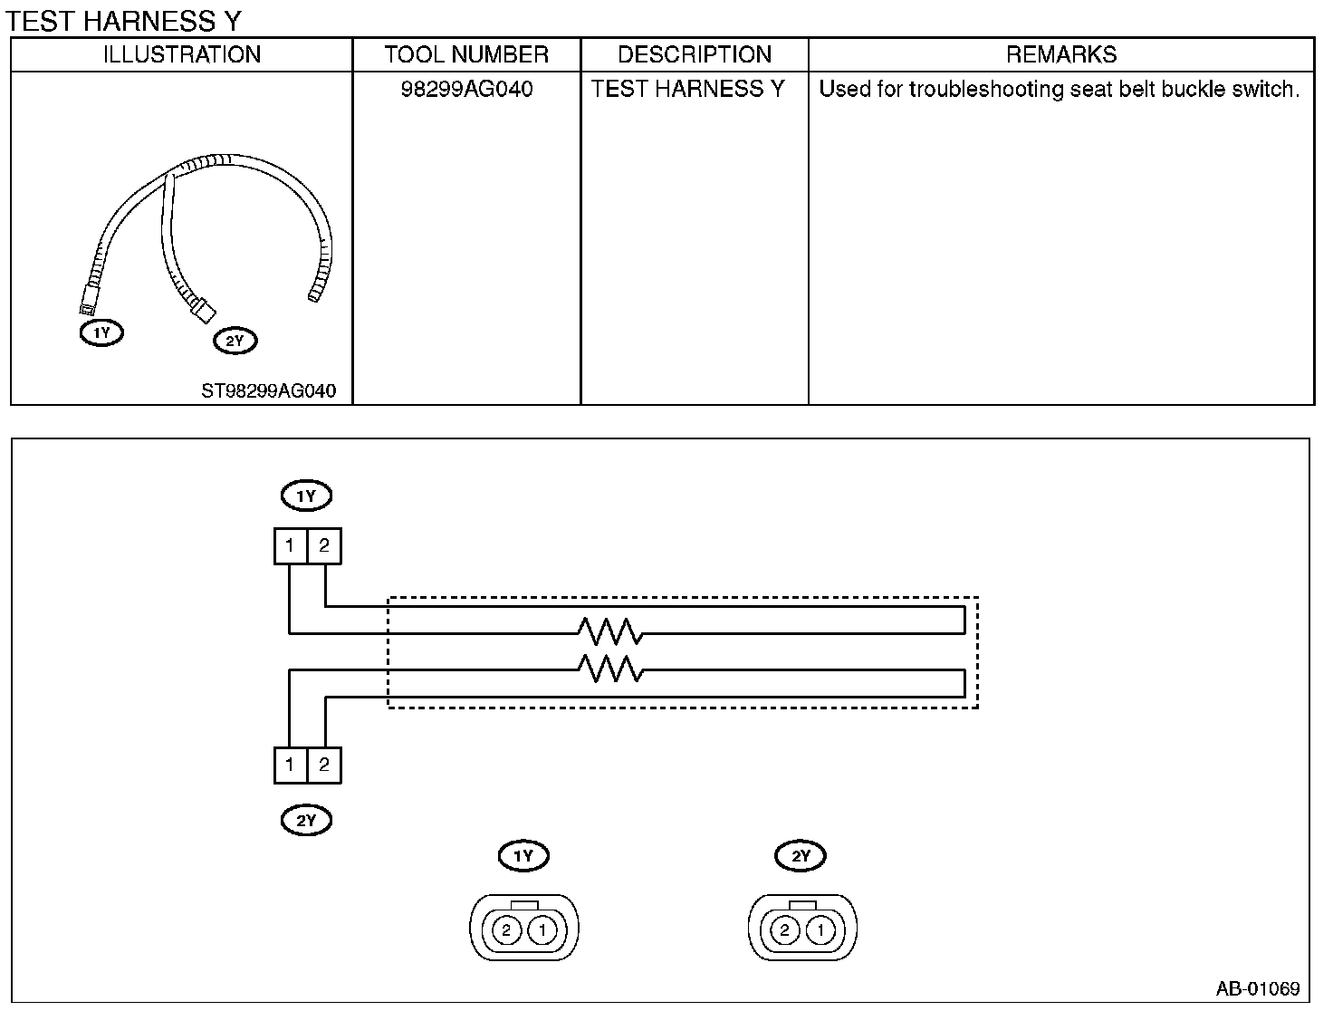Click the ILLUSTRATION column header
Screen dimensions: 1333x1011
click(x=182, y=54)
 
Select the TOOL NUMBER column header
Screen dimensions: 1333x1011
click(x=466, y=54)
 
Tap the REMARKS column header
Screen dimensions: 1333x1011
click(x=1061, y=54)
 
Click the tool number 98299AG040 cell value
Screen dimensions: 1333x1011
click(x=466, y=90)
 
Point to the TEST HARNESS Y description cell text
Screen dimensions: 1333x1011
click(x=687, y=90)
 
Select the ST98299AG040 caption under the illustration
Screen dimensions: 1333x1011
click(x=268, y=390)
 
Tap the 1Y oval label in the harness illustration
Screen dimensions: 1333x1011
click(x=101, y=333)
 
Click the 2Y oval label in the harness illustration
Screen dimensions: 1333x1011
click(x=235, y=341)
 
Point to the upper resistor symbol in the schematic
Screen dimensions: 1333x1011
click(x=609, y=632)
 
